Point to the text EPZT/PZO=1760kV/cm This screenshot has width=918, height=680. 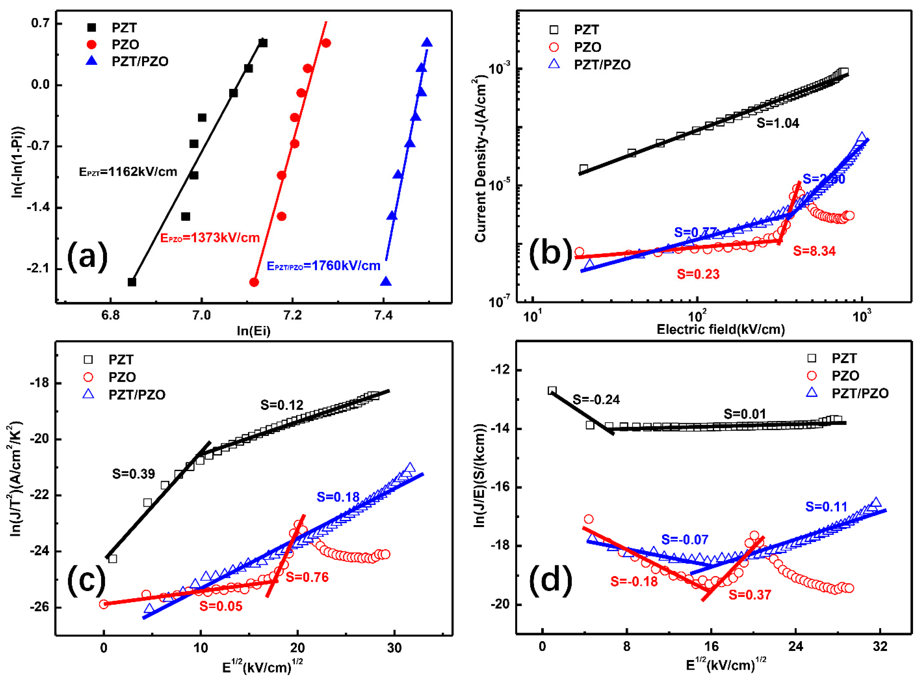point(323,266)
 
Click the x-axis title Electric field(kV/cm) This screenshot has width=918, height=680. point(720,329)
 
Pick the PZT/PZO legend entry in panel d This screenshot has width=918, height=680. point(859,393)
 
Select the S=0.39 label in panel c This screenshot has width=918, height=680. point(133,474)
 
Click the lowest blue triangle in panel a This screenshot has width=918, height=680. point(386,282)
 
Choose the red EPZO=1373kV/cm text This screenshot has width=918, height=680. point(210,238)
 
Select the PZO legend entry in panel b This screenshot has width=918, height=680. point(587,47)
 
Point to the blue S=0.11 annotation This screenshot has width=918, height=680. point(826,507)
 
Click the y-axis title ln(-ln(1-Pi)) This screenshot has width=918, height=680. point(17,161)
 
